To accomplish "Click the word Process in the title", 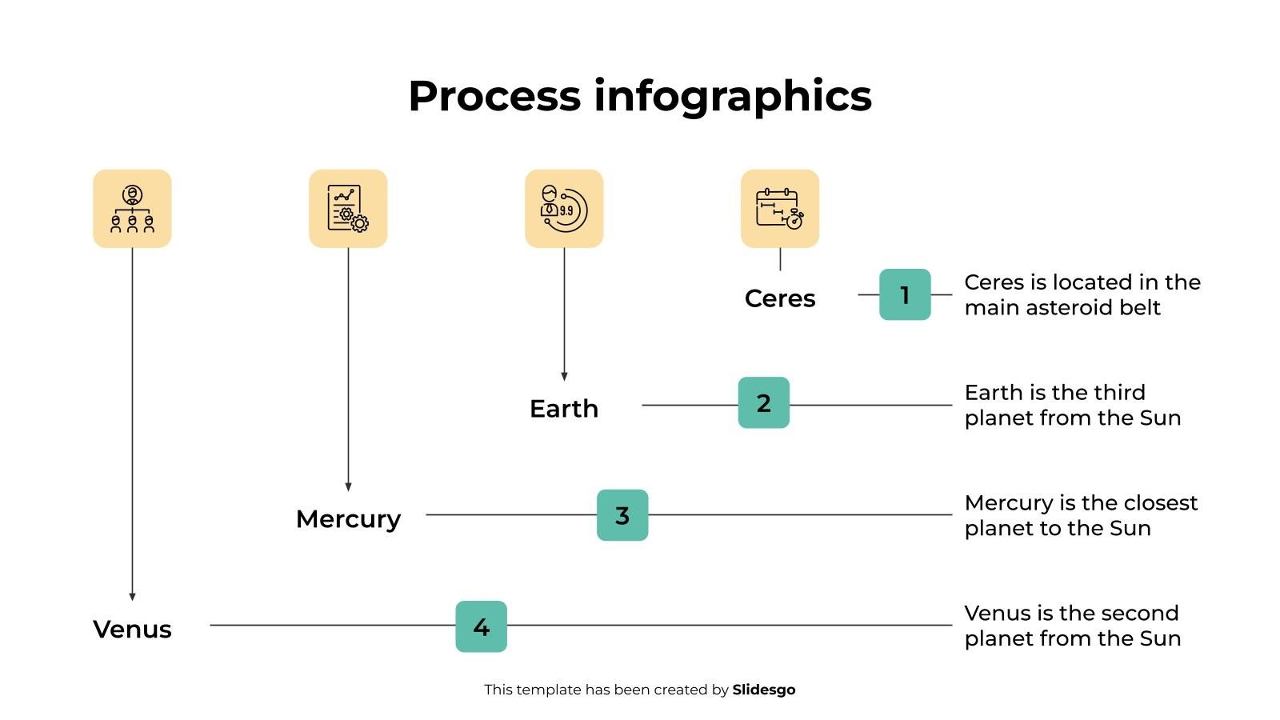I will pyautogui.click(x=494, y=96).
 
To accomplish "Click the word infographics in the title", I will pyautogui.click(x=732, y=96).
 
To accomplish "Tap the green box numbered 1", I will pyautogui.click(x=905, y=294).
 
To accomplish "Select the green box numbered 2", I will pyautogui.click(x=763, y=403).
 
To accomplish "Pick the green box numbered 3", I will pyautogui.click(x=622, y=515).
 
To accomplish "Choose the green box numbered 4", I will pyautogui.click(x=481, y=626).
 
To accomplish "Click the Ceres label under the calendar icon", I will pyautogui.click(x=779, y=298).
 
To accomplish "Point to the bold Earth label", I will pyautogui.click(x=564, y=409).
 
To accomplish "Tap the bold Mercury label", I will pyautogui.click(x=348, y=519).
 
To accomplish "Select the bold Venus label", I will pyautogui.click(x=132, y=630).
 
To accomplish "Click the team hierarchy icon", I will pyautogui.click(x=132, y=209).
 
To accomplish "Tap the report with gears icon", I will pyautogui.click(x=348, y=209).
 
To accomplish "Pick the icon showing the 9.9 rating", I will pyautogui.click(x=564, y=209).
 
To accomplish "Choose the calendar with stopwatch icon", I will pyautogui.click(x=780, y=209).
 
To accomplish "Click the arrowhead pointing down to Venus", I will pyautogui.click(x=132, y=596).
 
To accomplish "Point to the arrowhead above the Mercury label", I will pyautogui.click(x=348, y=486).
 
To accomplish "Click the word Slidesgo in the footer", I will pyautogui.click(x=763, y=690).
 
